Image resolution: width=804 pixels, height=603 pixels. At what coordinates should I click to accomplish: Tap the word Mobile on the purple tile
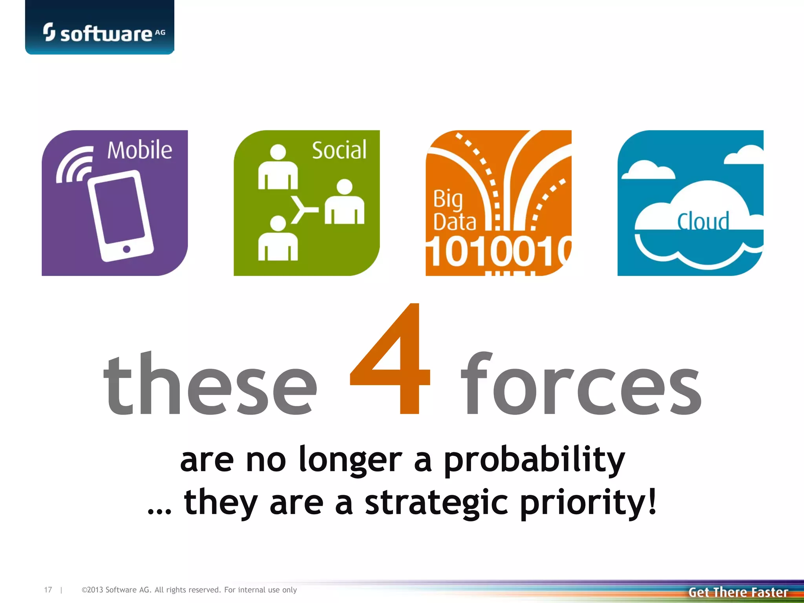point(139,150)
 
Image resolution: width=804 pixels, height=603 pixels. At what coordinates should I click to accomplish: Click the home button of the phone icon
point(126,249)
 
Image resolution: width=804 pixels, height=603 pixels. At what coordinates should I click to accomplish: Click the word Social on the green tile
point(339,150)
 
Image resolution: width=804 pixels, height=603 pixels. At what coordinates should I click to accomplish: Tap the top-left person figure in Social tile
point(278,168)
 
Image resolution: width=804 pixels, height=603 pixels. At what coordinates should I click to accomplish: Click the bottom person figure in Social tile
point(278,239)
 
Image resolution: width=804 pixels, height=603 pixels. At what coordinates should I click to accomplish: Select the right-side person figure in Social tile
point(344,203)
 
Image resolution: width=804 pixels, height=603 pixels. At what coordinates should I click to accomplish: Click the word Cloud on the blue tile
point(703,222)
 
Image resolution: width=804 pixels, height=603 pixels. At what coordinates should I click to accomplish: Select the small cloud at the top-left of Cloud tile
point(648,170)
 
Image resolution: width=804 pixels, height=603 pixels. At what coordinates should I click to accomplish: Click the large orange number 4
point(391,361)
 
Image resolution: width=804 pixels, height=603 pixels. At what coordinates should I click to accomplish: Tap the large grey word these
point(210,385)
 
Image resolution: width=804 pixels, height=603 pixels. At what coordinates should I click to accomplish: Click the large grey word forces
point(581,385)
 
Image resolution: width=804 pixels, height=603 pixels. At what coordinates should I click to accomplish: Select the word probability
point(534,460)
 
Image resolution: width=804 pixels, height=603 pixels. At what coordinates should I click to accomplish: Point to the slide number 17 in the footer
point(48,590)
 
